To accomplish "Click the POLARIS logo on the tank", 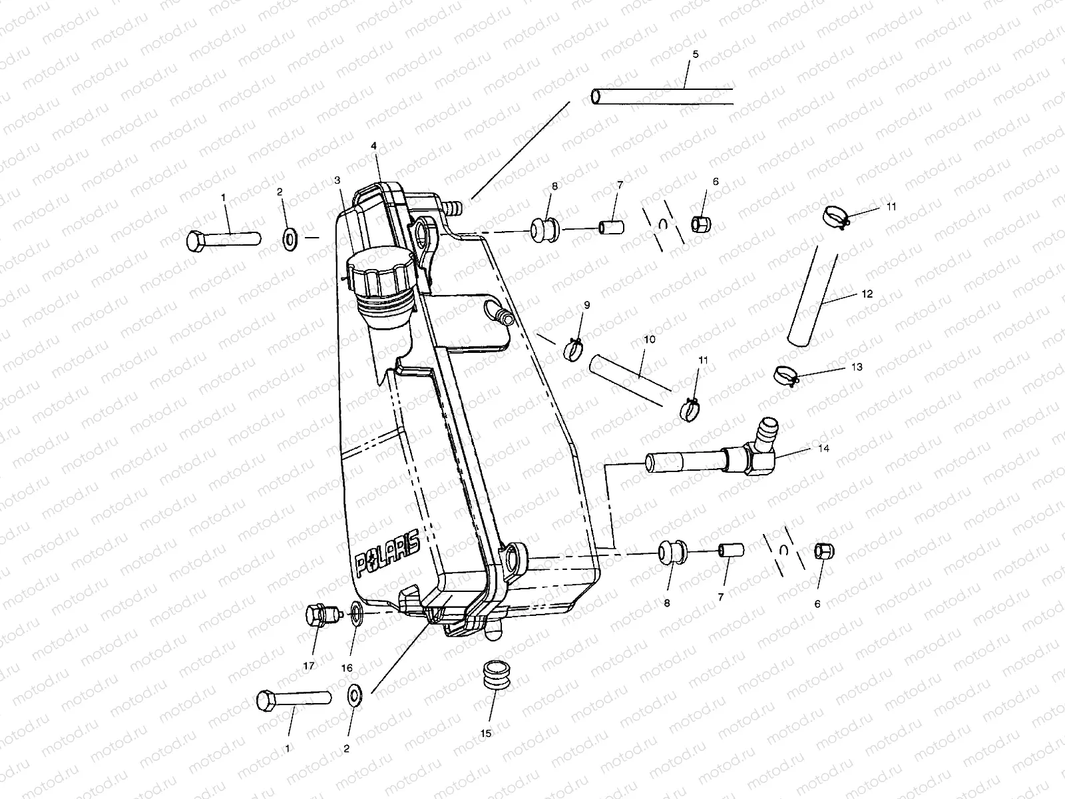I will tap(387, 554).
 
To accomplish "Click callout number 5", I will tap(696, 54).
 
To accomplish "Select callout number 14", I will tap(823, 448).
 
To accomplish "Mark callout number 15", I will tap(486, 733).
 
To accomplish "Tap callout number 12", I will tap(867, 294).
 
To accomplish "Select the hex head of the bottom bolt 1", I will tap(266, 700).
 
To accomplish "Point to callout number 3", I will tap(337, 180).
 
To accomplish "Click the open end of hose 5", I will tap(596, 97).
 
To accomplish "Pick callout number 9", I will tap(586, 305).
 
